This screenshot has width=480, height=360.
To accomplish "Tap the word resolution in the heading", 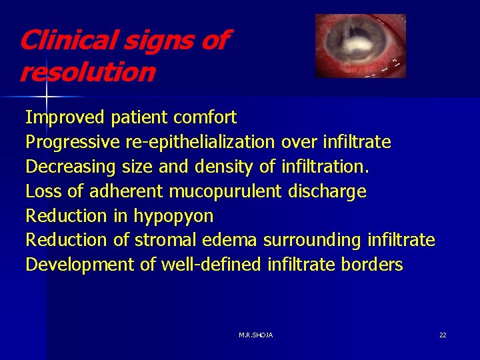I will pyautogui.click(x=87, y=72).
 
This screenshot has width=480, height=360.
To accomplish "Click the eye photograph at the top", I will pyautogui.click(x=360, y=46).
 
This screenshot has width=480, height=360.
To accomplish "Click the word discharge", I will pyautogui.click(x=327, y=191).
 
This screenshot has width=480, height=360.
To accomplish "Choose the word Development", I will pyautogui.click(x=80, y=265).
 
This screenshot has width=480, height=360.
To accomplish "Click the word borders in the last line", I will pyautogui.click(x=372, y=265).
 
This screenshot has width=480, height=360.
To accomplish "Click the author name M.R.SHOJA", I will pyautogui.click(x=255, y=335).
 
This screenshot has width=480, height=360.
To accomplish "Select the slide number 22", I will pyautogui.click(x=443, y=335).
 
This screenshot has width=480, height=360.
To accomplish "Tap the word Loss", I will pyautogui.click(x=44, y=191).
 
